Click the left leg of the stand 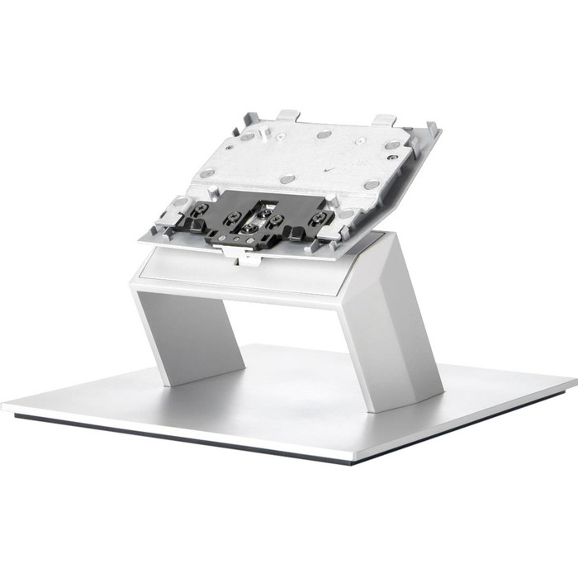(186, 330)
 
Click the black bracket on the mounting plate (256, 219)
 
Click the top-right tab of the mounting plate (382, 120)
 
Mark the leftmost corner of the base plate (5, 405)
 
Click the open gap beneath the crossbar (289, 330)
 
